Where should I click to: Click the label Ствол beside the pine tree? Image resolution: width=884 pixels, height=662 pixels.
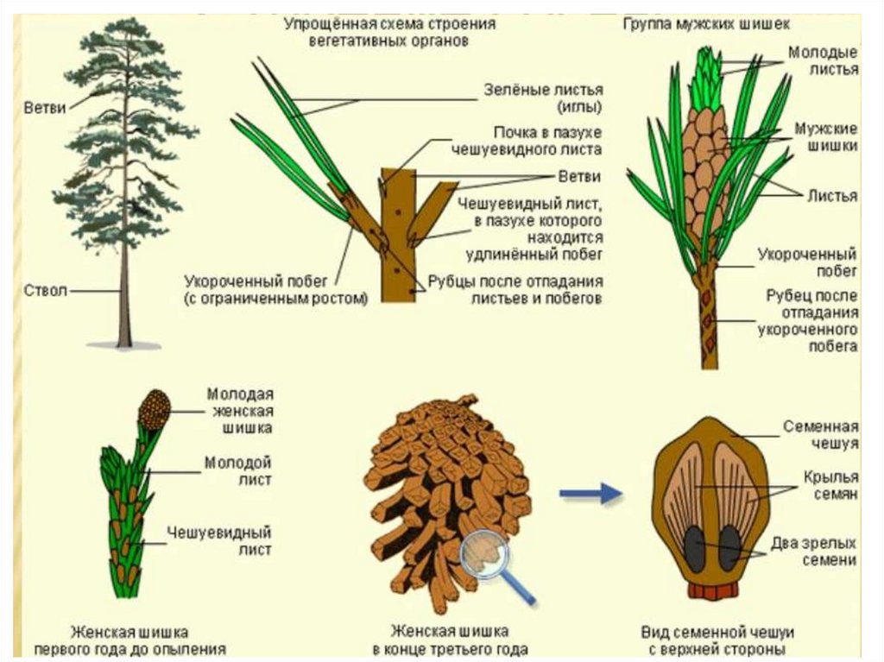[x=45, y=290]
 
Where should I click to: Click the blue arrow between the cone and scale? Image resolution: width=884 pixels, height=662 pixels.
[x=590, y=494]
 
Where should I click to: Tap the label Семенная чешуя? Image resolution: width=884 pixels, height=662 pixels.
[x=820, y=435]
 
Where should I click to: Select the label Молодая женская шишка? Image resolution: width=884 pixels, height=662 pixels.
[x=239, y=410]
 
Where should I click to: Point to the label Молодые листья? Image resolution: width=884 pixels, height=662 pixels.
[x=823, y=61]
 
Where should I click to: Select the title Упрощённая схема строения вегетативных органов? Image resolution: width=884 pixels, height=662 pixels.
[x=389, y=32]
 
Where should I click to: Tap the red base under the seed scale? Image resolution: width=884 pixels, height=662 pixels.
[x=713, y=591]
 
